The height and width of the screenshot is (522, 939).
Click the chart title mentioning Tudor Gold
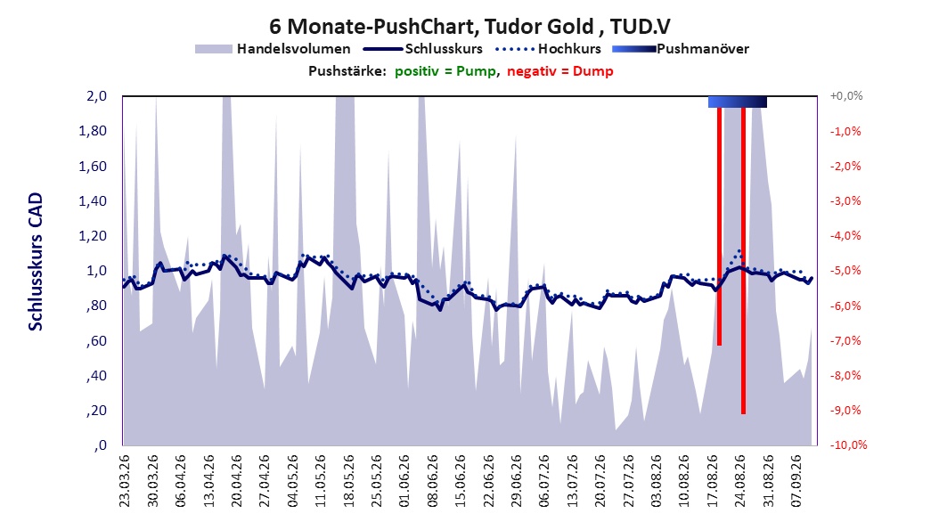coord(469,27)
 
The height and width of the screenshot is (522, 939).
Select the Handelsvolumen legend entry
coord(274,49)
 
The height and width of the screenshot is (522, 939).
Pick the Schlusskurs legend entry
coord(423,49)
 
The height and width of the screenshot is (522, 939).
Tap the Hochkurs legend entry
coord(549,49)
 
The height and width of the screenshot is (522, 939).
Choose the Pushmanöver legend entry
coord(681,49)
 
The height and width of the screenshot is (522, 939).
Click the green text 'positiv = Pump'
coord(445,71)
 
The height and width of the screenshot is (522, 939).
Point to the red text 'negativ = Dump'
coord(560,71)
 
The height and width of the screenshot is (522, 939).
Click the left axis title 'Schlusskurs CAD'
coord(36,262)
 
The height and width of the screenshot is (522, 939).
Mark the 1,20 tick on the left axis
coord(93,236)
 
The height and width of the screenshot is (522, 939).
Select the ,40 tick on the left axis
coord(97,376)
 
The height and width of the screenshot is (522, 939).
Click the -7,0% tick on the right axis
coord(845,340)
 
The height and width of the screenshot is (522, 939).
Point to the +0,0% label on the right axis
coord(846,96)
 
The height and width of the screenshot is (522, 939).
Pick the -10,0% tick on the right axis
coord(848,445)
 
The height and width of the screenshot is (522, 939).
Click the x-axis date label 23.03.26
coord(125,481)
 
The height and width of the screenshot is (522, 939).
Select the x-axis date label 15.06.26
coord(461,481)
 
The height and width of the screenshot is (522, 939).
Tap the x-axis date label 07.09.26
coord(796,481)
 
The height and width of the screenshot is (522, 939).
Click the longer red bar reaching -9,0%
coord(743,260)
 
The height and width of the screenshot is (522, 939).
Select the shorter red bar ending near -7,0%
coord(719,226)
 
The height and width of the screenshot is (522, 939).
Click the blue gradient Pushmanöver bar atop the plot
coord(737,102)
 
